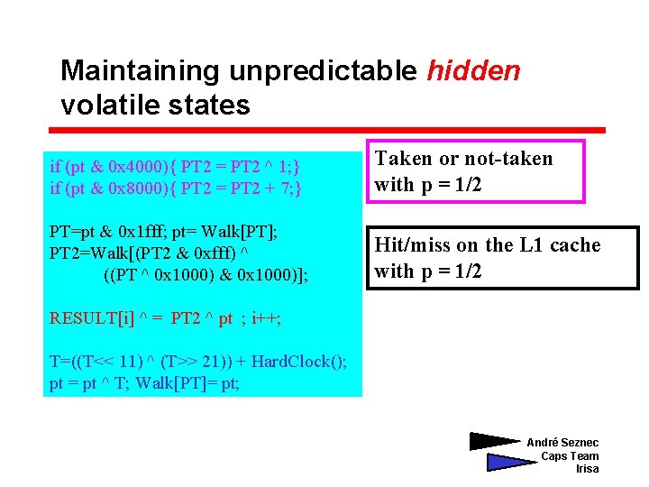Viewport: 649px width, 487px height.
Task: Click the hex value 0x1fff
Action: [153, 232]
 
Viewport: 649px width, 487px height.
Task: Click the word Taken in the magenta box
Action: [403, 159]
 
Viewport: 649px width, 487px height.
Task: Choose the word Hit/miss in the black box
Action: [412, 245]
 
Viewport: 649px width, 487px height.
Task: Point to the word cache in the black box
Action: [574, 245]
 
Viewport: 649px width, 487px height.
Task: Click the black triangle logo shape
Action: [495, 442]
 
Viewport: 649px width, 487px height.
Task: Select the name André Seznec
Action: [562, 443]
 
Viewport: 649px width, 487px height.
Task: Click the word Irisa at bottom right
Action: [587, 469]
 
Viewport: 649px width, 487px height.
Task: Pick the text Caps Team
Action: [570, 456]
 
